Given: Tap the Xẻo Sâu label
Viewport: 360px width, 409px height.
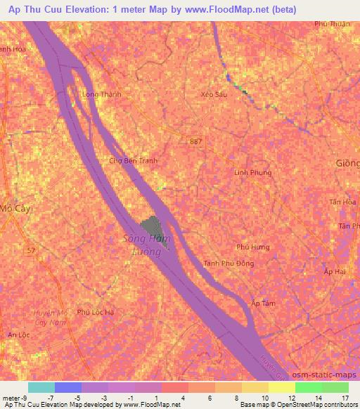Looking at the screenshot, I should coord(214,93).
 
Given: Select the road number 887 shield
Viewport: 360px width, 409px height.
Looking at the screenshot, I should coord(193,141).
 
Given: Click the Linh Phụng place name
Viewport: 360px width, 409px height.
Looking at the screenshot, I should coord(252,172).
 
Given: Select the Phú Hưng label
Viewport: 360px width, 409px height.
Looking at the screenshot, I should coord(253,247).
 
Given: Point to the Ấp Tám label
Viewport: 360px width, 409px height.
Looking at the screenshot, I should coord(262,303).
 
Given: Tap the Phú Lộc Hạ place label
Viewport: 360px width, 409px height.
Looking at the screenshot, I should coord(96,311).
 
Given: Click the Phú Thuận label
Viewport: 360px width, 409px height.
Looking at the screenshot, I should coord(332,23).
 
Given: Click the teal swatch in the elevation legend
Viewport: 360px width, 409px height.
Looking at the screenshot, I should coord(41,387).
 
